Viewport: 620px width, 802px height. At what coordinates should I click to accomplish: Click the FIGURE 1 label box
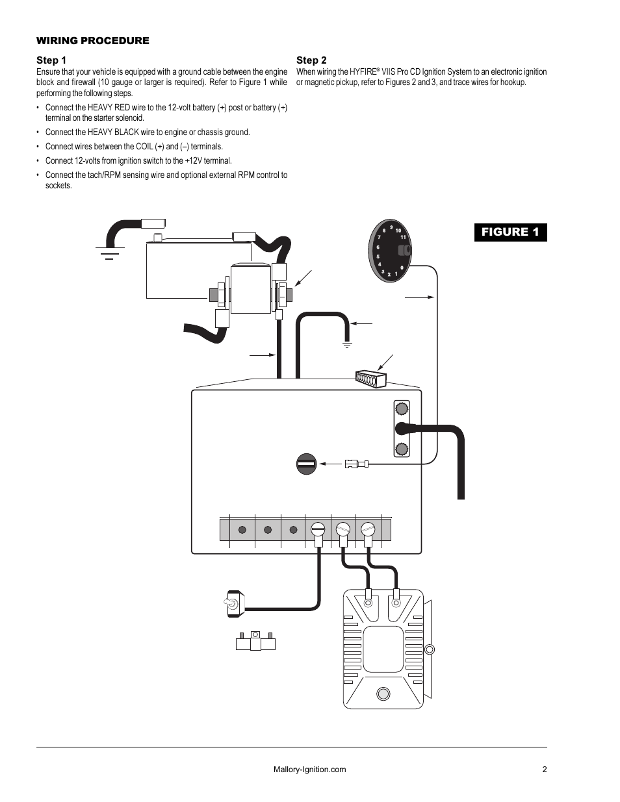pyautogui.click(x=510, y=232)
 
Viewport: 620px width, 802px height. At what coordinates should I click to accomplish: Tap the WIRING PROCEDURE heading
pyautogui.click(x=93, y=41)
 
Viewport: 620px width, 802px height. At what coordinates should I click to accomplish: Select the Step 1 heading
pyautogui.click(x=51, y=60)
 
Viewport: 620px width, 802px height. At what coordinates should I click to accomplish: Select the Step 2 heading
pyautogui.click(x=311, y=60)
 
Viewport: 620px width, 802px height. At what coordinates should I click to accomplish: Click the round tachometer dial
pyautogui.click(x=389, y=251)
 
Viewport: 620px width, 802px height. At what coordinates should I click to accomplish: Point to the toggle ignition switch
pyautogui.click(x=235, y=604)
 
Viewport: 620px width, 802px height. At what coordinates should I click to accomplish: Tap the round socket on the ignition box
pyautogui.click(x=307, y=464)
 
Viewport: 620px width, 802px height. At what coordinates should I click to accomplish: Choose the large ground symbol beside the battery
pyautogui.click(x=110, y=253)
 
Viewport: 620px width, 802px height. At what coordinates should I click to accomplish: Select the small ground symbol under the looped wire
pyautogui.click(x=347, y=345)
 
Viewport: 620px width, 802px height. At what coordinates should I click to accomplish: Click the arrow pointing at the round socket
pyautogui.click(x=331, y=464)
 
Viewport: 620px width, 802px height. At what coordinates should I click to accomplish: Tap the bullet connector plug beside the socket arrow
pyautogui.click(x=357, y=464)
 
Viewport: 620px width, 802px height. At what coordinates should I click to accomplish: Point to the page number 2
pyautogui.click(x=545, y=769)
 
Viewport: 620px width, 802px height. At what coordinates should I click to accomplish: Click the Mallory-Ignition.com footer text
pyautogui.click(x=309, y=769)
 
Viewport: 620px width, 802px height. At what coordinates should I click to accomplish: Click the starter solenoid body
pyautogui.click(x=251, y=288)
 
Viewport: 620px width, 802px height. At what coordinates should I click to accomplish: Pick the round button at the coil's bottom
pyautogui.click(x=383, y=694)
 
